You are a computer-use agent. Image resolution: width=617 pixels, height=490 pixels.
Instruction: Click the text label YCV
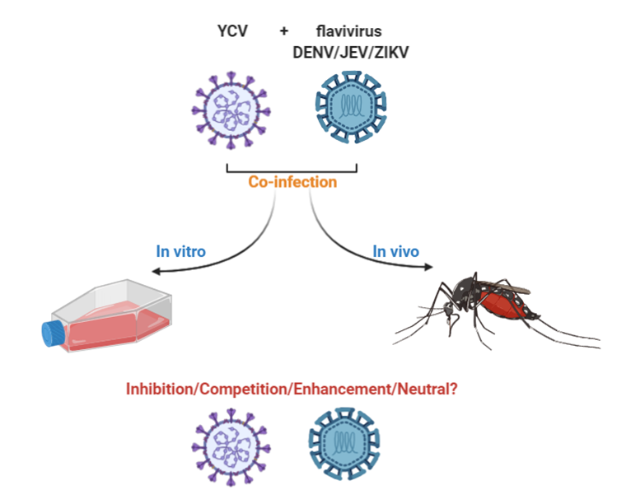click(231, 31)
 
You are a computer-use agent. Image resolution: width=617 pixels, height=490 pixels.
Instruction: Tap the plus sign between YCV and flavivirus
click(284, 31)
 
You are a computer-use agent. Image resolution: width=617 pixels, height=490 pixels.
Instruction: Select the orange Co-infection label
click(292, 182)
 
